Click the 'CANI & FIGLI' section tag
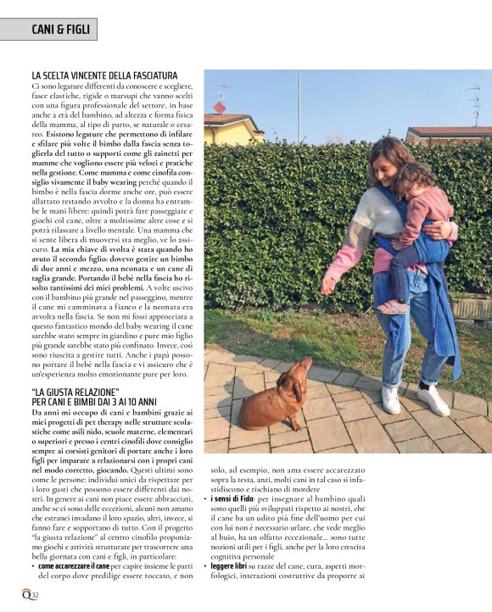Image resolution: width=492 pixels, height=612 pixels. click(48, 30)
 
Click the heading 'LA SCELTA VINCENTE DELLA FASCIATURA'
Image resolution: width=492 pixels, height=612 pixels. click(104, 75)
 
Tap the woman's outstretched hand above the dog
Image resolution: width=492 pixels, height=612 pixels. click(328, 285)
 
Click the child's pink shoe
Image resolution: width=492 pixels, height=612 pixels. click(391, 306)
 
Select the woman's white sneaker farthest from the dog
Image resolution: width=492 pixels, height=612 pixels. click(435, 401)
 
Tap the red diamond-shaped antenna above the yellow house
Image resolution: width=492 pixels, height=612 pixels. click(219, 107)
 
